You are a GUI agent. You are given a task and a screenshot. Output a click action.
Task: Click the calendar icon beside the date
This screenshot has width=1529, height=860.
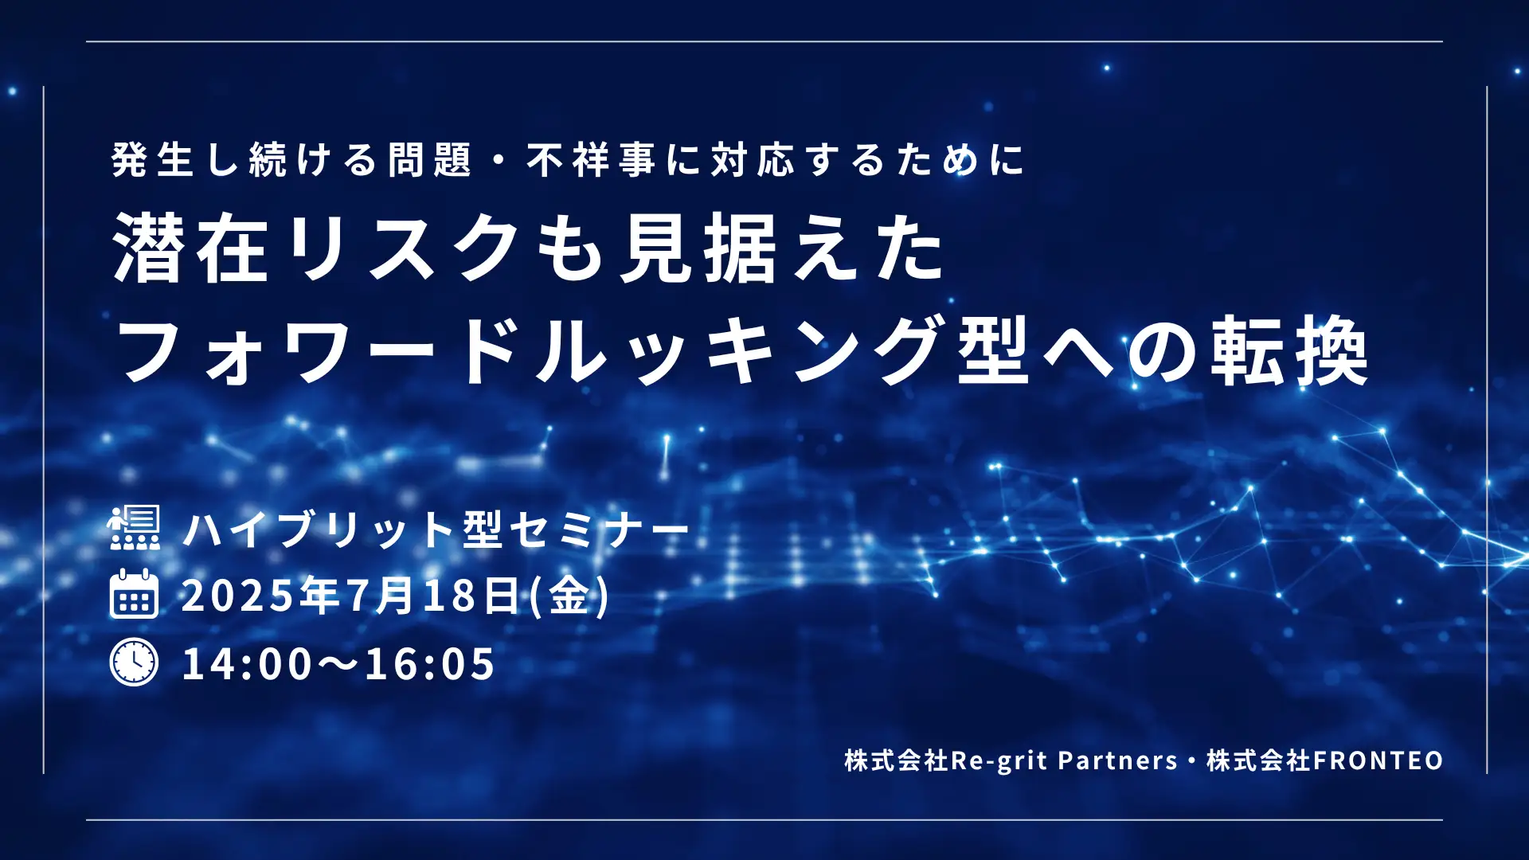[x=134, y=594]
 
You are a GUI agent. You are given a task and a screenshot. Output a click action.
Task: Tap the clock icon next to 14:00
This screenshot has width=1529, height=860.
[x=134, y=663]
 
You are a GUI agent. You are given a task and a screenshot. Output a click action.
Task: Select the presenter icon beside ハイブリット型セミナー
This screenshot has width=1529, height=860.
[x=134, y=527]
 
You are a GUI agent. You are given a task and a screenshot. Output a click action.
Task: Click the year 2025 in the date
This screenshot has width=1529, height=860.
[x=237, y=595]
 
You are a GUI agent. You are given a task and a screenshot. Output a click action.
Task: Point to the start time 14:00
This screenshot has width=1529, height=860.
[x=248, y=664]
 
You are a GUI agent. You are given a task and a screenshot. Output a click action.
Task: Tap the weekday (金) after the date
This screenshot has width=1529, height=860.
[x=570, y=595]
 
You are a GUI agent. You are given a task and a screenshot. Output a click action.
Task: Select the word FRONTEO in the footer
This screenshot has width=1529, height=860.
[x=1378, y=760]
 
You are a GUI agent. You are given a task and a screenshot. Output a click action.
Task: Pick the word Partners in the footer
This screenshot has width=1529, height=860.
[x=1117, y=760]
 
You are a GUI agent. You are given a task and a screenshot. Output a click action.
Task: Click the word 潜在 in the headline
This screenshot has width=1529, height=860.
[x=190, y=248]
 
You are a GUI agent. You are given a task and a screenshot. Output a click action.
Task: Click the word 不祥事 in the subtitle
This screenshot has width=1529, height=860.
[x=590, y=159]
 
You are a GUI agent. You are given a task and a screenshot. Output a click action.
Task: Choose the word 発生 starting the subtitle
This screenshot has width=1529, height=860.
[x=152, y=159]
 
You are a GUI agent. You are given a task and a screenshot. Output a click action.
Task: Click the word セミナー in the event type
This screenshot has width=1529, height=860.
[x=599, y=529]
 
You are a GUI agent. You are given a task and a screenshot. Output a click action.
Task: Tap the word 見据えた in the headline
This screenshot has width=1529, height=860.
[x=782, y=248]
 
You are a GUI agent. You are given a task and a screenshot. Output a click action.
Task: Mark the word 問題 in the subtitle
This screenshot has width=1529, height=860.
[x=429, y=159]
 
